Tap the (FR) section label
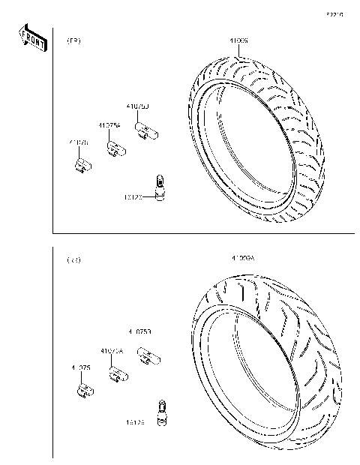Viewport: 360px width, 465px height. pos(74,40)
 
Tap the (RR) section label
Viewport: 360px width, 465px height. pos(73,260)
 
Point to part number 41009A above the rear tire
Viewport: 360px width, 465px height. pos(244,258)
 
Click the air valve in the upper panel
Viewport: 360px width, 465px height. pos(159,188)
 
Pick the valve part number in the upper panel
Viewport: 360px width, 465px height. pos(133,197)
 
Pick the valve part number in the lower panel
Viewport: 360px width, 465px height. pos(136,422)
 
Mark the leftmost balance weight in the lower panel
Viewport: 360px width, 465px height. pos(84,390)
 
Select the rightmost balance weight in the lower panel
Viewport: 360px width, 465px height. pos(147,355)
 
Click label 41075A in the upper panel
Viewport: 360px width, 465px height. pos(109,126)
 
